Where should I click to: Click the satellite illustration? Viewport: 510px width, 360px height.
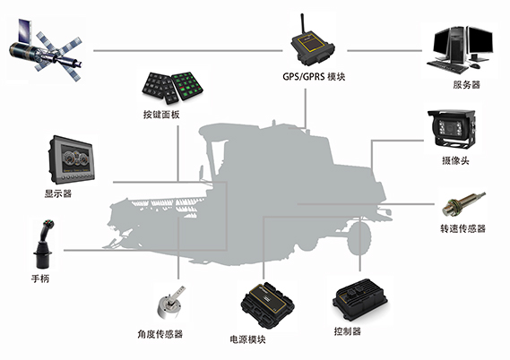tap(46, 50)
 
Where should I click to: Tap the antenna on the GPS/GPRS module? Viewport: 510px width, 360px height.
tap(302, 23)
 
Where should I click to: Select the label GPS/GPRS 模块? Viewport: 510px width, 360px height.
tap(314, 77)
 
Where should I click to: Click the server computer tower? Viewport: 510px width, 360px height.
tap(456, 45)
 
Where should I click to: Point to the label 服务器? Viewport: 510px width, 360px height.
tap(466, 85)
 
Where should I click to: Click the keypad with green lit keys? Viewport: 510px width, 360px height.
tap(187, 85)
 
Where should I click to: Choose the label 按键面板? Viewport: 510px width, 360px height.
tap(161, 115)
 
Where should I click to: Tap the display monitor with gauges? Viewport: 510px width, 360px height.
tap(72, 159)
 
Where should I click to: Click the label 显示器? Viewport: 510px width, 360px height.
tap(58, 194)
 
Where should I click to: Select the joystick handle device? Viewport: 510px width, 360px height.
tap(44, 244)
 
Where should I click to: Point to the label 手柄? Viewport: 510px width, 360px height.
tap(40, 279)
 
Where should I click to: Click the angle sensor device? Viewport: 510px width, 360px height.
tap(170, 303)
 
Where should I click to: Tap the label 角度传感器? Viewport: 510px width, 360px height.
tap(160, 334)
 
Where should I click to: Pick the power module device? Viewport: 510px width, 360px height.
tap(267, 305)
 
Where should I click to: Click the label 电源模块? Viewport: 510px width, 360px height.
tap(247, 340)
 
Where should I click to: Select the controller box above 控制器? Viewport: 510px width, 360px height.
tap(359, 300)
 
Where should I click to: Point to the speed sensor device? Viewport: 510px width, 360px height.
tap(463, 204)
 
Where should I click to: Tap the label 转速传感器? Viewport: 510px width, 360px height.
tap(462, 228)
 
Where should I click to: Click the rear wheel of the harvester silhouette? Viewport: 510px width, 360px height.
tap(359, 238)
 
